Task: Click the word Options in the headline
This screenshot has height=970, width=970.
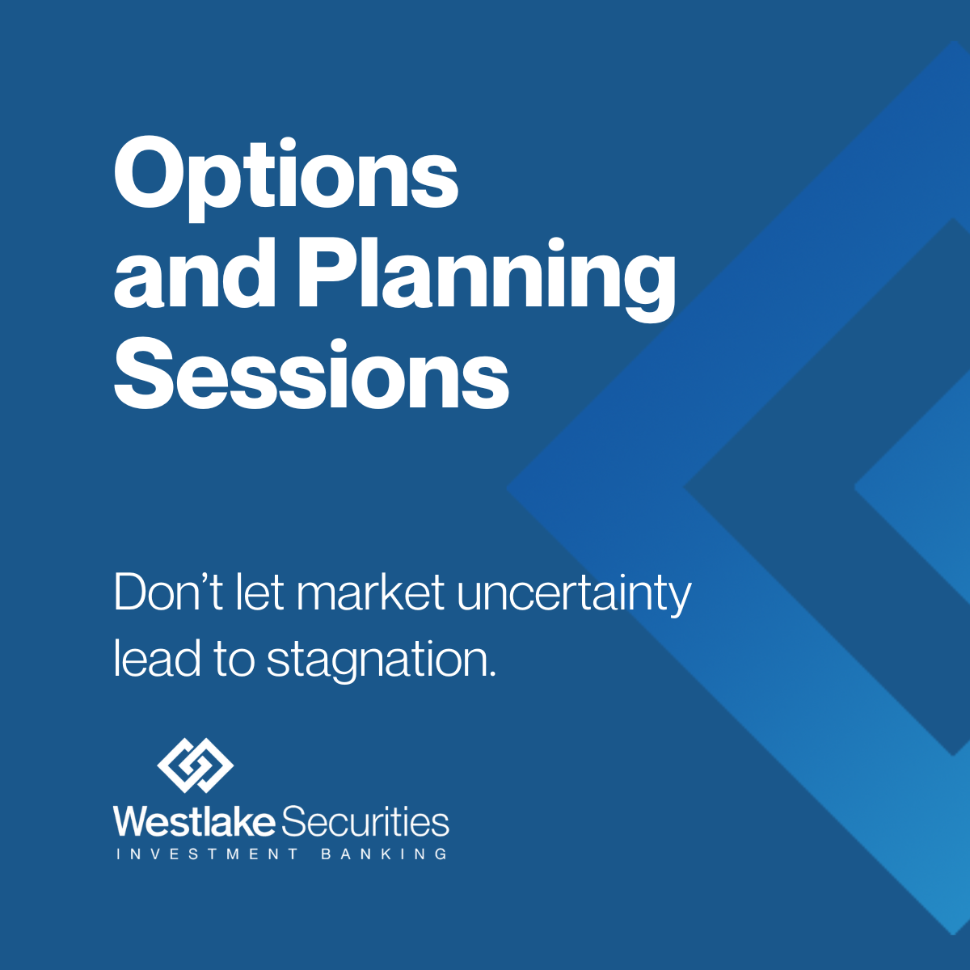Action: tap(286, 179)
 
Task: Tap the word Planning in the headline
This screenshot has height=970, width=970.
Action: tap(487, 280)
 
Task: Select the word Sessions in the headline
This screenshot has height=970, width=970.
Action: tap(311, 373)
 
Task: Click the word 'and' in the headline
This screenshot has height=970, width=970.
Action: tap(194, 273)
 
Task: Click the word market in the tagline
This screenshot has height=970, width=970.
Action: tap(370, 592)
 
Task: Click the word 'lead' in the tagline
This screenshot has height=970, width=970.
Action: tap(157, 658)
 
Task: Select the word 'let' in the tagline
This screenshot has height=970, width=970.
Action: tap(259, 592)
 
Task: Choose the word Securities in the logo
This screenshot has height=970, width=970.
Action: tap(365, 821)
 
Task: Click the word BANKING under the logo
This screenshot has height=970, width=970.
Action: tap(384, 854)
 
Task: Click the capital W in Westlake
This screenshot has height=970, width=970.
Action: tap(132, 821)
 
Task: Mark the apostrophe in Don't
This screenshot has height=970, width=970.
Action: tap(202, 579)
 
